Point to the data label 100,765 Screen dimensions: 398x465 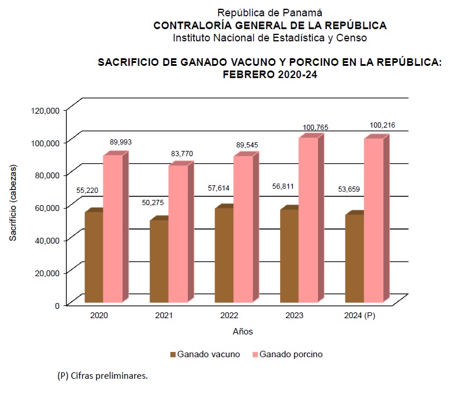click(316, 127)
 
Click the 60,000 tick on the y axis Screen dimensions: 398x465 click(47, 207)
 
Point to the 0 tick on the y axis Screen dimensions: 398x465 click(57, 305)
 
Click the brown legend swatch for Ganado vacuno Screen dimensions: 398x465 click(172, 354)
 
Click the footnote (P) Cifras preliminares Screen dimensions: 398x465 click(103, 376)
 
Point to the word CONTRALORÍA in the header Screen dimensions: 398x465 click(188, 25)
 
